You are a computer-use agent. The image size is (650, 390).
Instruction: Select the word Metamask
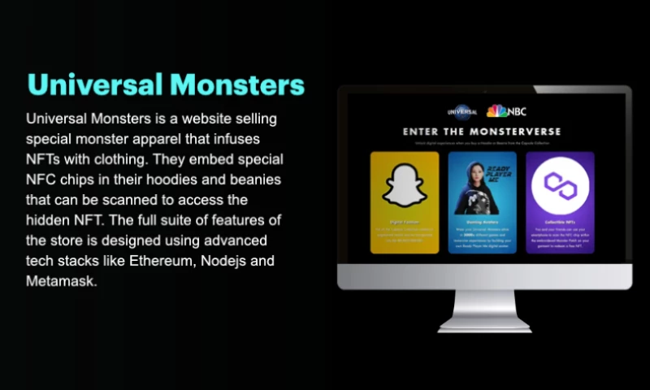coord(61,281)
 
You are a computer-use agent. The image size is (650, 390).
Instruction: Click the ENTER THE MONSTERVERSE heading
coord(482,131)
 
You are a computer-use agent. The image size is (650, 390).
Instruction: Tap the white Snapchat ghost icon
coord(404,184)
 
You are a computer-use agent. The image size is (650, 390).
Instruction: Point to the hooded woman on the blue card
coord(471,185)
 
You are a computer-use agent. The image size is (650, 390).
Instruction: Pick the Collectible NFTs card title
coord(559,221)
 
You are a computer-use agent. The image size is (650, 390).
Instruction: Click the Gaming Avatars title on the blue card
coord(481,221)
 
